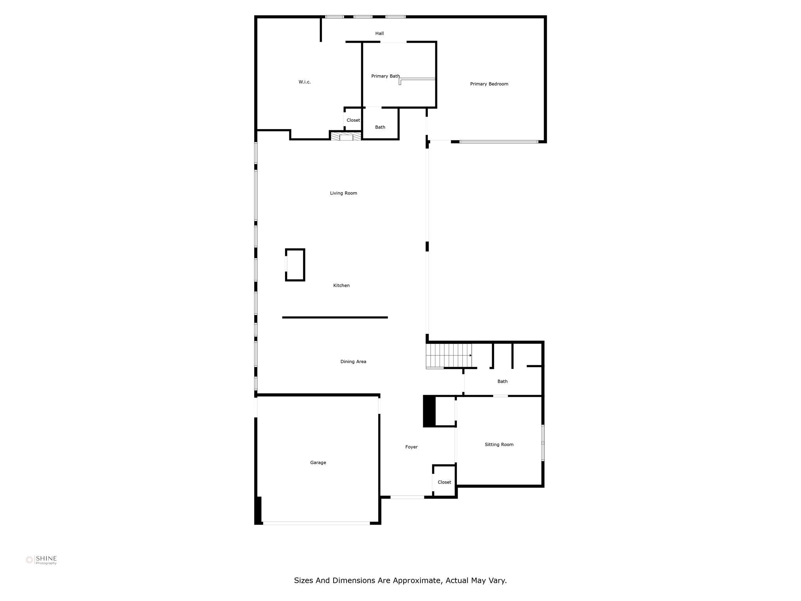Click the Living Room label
(x=343, y=193)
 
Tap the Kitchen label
(x=341, y=286)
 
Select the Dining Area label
(x=353, y=362)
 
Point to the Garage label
(x=318, y=462)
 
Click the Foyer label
(x=411, y=447)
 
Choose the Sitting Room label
(x=499, y=444)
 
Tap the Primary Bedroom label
(x=489, y=84)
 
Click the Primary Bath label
(x=385, y=76)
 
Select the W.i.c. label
(x=305, y=82)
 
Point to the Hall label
(x=379, y=34)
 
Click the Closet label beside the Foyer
(x=444, y=482)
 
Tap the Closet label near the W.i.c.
(x=353, y=120)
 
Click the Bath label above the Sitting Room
(x=502, y=381)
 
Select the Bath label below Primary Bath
(x=380, y=127)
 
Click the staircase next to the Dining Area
(x=449, y=355)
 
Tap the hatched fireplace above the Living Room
(x=346, y=137)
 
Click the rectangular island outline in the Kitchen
(x=295, y=265)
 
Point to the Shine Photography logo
(x=41, y=560)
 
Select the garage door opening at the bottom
(x=316, y=523)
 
